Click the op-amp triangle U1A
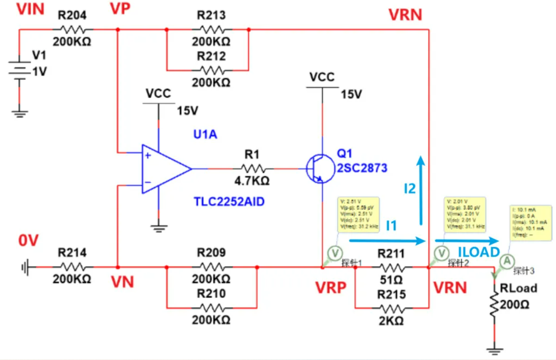165,169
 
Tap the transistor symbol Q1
318,169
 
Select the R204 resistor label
72,15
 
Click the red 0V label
29,240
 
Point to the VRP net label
331,288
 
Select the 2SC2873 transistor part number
362,168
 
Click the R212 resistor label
211,56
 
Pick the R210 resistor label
211,294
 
